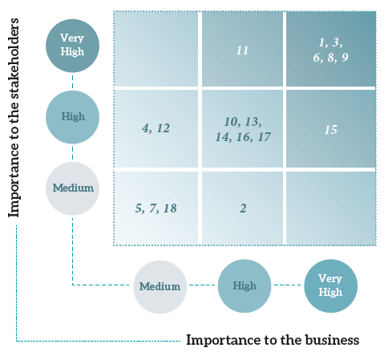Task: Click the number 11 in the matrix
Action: click(x=242, y=51)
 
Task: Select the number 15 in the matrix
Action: click(x=330, y=130)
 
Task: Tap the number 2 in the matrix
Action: click(x=243, y=208)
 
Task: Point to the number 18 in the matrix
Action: click(x=170, y=208)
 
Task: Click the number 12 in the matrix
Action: click(x=163, y=128)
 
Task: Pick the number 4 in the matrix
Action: click(x=146, y=128)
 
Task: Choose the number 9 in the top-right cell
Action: click(x=345, y=58)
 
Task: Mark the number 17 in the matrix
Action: click(x=265, y=137)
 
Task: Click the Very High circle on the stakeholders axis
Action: click(x=72, y=46)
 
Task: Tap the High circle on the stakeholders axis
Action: click(x=72, y=117)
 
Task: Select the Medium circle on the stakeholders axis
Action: click(x=72, y=188)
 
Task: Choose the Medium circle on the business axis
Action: click(x=160, y=287)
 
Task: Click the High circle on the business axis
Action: click(x=245, y=286)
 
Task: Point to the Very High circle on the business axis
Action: click(x=331, y=286)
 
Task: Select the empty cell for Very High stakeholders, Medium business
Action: click(x=156, y=49)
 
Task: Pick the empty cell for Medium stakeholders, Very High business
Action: click(x=331, y=208)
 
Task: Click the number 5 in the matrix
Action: click(x=139, y=208)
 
